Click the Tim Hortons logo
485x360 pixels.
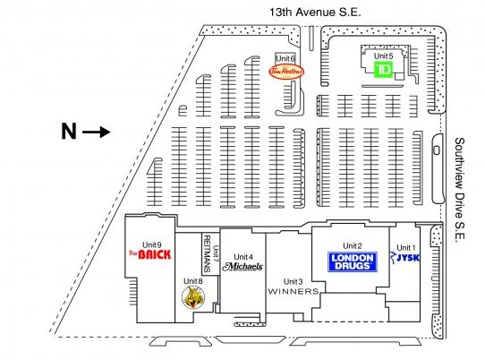point(286,72)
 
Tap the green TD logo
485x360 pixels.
point(384,69)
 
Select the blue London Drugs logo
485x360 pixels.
point(352,261)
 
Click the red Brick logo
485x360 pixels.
point(150,254)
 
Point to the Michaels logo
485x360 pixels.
point(242,267)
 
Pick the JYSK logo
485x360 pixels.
point(404,257)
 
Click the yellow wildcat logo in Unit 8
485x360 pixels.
point(193,297)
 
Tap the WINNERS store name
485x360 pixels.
point(294,291)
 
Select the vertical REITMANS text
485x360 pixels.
point(208,253)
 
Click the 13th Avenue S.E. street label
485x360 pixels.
point(315,12)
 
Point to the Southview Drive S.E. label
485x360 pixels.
point(459,189)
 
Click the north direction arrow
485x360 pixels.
point(97,133)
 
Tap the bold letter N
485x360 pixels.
point(69,132)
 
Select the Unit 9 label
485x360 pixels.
point(151,244)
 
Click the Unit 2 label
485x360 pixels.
point(353,245)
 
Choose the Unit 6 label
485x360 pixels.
point(285,58)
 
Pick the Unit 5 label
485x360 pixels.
point(384,56)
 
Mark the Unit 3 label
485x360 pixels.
point(294,282)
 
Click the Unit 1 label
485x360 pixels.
point(406,248)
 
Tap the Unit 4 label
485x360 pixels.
point(243,257)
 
